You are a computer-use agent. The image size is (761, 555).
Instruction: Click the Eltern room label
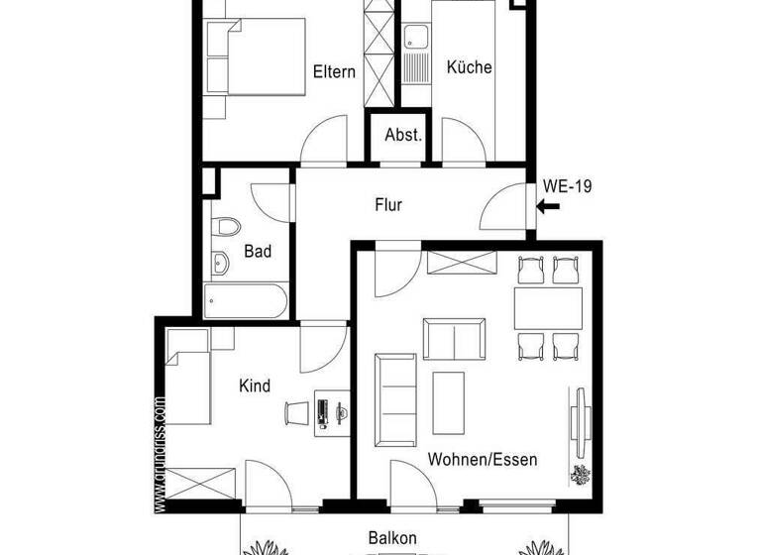coord(334,71)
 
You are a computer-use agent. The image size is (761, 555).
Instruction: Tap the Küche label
coord(469,67)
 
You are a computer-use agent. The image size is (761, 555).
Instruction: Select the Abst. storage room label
coord(403,135)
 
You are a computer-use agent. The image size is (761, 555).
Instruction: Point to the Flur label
coord(387,206)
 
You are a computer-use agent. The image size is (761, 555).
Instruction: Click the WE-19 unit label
coord(568,184)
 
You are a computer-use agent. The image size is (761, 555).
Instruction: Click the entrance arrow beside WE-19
coord(548,206)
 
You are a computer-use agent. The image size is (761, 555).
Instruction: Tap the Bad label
coord(258,252)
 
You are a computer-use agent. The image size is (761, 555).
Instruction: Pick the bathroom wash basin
coord(219,264)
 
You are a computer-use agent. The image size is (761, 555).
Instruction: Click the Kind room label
coord(255,386)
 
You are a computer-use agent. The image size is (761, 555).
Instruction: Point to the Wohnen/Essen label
coord(483,460)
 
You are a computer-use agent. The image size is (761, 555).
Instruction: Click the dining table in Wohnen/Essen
coord(547,308)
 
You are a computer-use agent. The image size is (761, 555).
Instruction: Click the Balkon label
coord(392,538)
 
